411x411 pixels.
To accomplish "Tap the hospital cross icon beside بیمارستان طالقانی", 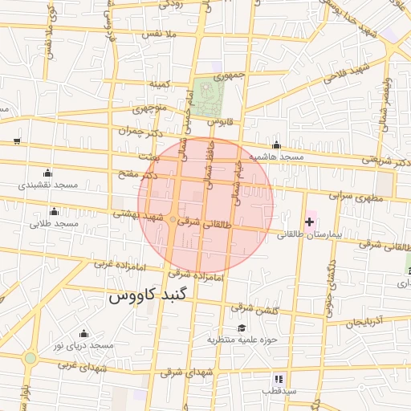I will (x=309, y=221).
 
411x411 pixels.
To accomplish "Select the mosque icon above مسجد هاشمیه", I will (x=276, y=145).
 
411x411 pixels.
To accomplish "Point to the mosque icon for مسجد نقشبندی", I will (x=47, y=173).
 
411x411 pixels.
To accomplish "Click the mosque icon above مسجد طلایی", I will (x=54, y=211).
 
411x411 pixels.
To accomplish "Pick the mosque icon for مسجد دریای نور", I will (x=83, y=333).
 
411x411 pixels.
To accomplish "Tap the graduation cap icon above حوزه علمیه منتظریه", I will (x=242, y=328).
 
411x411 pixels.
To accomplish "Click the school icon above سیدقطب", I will (x=279, y=378).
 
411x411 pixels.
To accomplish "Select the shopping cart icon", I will (x=17, y=140).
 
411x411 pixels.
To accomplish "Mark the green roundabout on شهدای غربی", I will (x=31, y=357).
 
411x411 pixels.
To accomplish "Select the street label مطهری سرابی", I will (x=352, y=196).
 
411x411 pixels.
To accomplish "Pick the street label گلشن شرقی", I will (x=253, y=307).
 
